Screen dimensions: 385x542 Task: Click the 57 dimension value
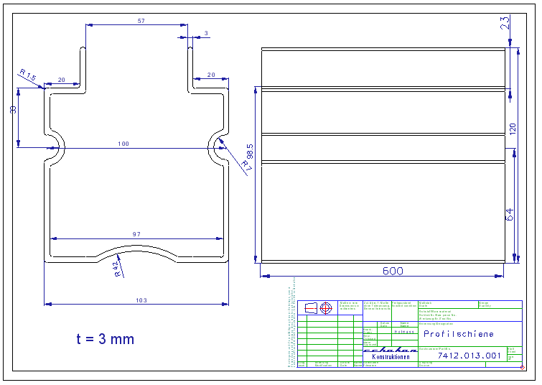141,22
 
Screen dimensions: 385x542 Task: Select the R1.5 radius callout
27,75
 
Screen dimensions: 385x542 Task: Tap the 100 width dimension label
123,144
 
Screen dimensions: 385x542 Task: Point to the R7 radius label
246,164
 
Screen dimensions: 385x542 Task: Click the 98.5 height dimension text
250,154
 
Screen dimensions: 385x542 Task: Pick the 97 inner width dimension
136,235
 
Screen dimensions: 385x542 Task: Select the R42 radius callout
117,269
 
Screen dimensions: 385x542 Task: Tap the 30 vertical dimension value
13,110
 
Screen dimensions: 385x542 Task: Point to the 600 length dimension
393,271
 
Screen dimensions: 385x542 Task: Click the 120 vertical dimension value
512,129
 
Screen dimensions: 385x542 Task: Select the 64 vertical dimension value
510,214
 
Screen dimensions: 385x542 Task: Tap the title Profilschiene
458,334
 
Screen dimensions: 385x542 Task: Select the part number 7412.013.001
469,356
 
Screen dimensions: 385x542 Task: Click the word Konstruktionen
391,357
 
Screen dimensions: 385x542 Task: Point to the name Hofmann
405,332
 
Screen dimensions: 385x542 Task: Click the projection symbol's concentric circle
327,308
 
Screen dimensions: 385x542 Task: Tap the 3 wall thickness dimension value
206,33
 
